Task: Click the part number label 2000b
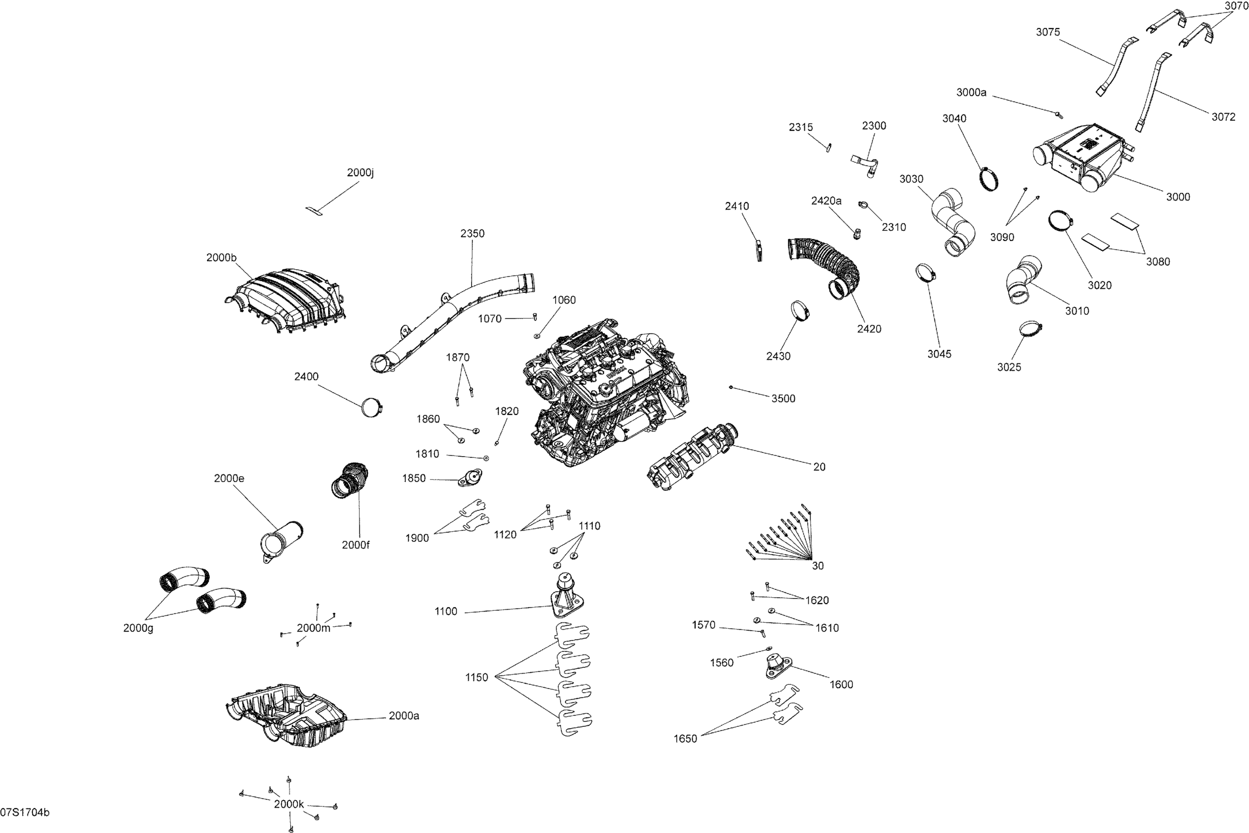(x=221, y=258)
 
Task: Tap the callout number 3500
(x=783, y=398)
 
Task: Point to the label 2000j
(x=360, y=173)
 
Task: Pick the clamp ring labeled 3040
(x=989, y=179)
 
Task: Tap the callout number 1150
(x=477, y=677)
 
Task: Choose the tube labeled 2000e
(x=281, y=539)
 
